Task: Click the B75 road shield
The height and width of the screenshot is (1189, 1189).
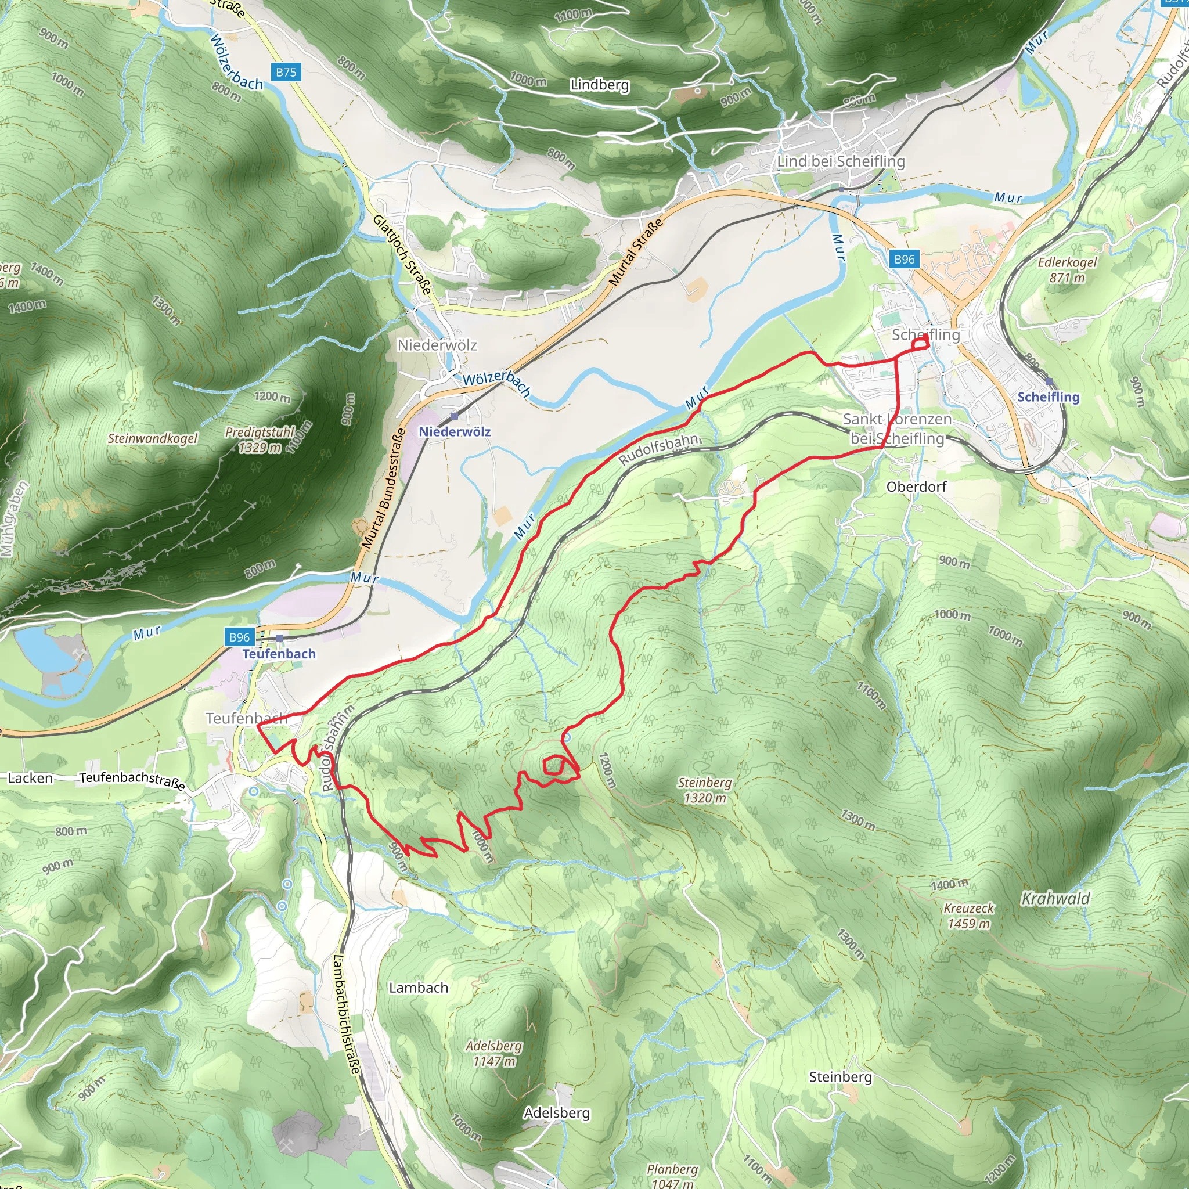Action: (286, 72)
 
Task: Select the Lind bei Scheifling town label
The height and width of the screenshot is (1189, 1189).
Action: (841, 161)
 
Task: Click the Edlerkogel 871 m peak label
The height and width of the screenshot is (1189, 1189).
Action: (1067, 270)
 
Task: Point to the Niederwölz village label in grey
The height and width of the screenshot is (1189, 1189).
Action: (437, 345)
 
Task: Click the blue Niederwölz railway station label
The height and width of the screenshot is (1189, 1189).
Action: (455, 431)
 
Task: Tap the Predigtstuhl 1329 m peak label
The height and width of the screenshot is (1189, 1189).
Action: (260, 439)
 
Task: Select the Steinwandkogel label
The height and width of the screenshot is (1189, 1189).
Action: (153, 438)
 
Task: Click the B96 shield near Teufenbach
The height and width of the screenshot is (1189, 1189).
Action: (239, 637)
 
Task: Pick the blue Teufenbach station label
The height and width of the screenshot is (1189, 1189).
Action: (279, 654)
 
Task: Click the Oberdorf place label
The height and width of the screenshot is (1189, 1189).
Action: (916, 487)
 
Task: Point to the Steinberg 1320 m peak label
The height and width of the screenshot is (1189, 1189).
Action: (705, 790)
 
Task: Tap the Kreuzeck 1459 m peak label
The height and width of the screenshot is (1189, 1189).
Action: (969, 916)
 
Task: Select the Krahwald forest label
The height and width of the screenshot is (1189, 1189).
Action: (1055, 899)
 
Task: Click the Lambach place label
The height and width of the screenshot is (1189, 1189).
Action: (419, 988)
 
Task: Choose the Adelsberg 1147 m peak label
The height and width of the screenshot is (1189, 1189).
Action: (493, 1053)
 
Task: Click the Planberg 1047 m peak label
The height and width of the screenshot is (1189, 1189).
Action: (672, 1176)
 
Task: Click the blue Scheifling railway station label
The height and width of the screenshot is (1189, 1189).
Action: (1048, 397)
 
